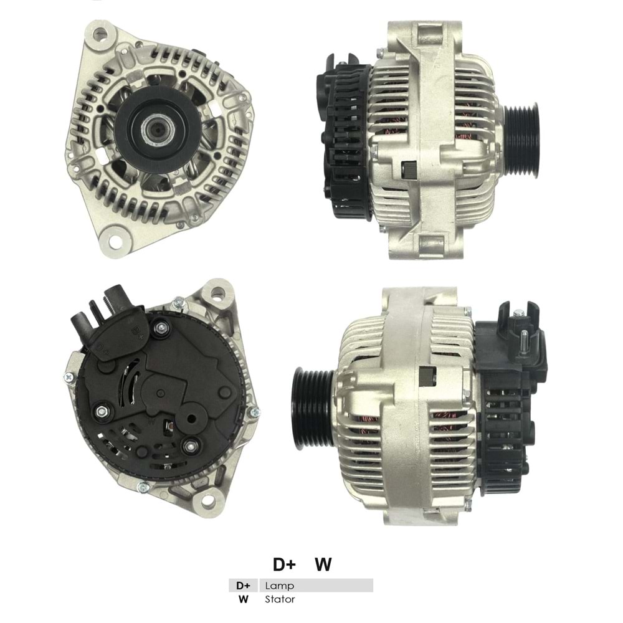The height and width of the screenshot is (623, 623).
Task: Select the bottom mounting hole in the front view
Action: point(116,237)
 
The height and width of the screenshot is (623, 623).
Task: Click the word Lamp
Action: point(279,586)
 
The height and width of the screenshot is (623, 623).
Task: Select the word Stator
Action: point(280,599)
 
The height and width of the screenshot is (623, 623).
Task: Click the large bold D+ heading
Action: point(284,564)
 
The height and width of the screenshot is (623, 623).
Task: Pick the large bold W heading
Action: point(323,564)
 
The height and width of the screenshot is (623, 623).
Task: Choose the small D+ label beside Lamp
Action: point(243,586)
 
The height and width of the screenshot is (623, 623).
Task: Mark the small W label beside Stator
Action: point(243,599)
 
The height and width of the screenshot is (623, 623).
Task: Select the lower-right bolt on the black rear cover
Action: point(189,445)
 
